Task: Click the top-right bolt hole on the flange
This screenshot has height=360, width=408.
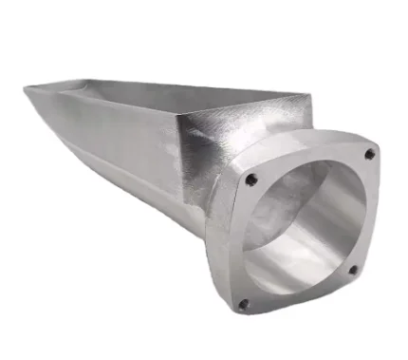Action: tap(369, 154)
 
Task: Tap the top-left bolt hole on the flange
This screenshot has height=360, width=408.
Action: tap(251, 179)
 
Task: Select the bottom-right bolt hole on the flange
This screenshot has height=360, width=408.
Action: tap(353, 270)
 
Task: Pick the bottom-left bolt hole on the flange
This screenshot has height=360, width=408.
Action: tap(242, 305)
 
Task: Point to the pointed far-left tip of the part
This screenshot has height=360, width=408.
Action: tap(26, 89)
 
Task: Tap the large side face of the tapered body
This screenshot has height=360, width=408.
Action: tap(133, 142)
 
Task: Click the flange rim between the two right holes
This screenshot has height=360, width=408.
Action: tap(368, 214)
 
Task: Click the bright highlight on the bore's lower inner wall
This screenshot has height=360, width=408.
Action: tap(304, 271)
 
